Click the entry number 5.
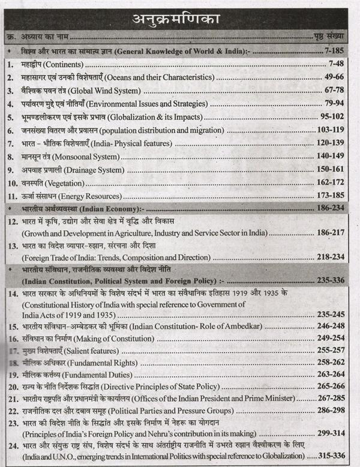point(11,117)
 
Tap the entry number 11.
point(13,197)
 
